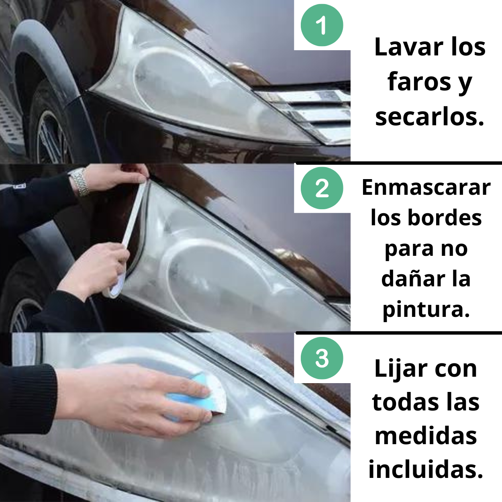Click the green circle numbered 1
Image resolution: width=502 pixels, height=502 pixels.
tap(322, 25)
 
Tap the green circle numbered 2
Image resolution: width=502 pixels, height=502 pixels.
tap(322, 188)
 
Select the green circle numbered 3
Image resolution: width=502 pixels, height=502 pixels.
tap(322, 358)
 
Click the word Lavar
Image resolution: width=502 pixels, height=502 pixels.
tap(409, 47)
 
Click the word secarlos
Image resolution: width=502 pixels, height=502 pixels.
tap(429, 117)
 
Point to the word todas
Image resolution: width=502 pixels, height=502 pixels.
tap(398, 402)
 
